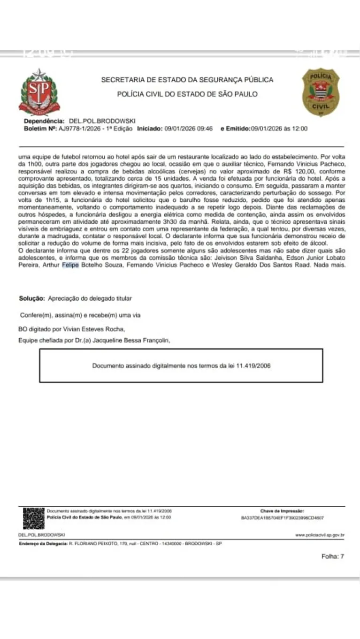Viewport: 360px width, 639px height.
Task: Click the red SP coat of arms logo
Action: coord(39,92)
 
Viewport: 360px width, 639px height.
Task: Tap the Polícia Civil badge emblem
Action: coord(320,92)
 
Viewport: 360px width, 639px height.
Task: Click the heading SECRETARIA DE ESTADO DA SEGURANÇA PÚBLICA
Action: coord(187,80)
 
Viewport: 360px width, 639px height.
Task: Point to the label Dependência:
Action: coord(45,121)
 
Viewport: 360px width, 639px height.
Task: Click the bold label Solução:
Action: coord(32,298)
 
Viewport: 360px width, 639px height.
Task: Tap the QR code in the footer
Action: coord(33,518)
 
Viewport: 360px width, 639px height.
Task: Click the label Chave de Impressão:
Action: coord(282,510)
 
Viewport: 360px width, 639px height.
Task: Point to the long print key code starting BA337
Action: coord(282,518)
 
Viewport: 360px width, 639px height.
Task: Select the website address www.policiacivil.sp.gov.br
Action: coord(320,535)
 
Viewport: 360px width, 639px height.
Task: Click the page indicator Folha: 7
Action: coord(332,556)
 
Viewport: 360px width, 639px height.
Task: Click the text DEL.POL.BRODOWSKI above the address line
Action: coord(38,535)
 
